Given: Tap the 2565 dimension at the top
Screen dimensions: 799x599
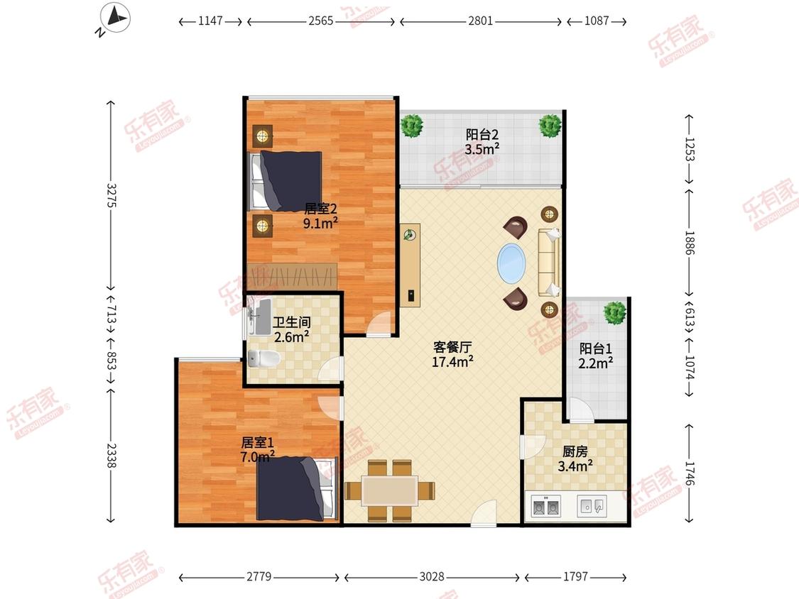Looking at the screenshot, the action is coord(320,21).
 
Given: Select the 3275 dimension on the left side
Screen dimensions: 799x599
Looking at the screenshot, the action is coord(111,195).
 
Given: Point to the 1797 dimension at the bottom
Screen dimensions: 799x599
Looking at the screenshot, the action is coord(575,576).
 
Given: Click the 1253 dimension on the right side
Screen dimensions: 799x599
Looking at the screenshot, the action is coord(689,149).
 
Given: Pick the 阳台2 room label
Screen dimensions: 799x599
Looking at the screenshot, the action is coord(482,134).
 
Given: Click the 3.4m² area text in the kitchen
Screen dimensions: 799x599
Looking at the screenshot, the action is coord(575,466).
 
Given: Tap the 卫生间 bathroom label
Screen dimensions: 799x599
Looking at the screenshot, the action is coord(291,322).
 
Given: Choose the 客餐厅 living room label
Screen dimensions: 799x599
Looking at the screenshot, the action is coord(452,347).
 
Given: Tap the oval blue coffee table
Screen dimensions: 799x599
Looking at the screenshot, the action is coord(511,263).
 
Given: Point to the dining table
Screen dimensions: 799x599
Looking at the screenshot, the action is coord(390,490).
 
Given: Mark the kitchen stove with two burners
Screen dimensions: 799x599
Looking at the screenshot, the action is coord(545,506).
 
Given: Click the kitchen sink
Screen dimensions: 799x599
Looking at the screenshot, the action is coord(592,506).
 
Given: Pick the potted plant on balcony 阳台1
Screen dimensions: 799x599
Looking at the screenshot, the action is coord(614,312).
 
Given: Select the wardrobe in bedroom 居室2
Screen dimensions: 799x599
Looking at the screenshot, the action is coord(292,277).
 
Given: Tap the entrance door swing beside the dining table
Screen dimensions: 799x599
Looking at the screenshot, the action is coord(484,513).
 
